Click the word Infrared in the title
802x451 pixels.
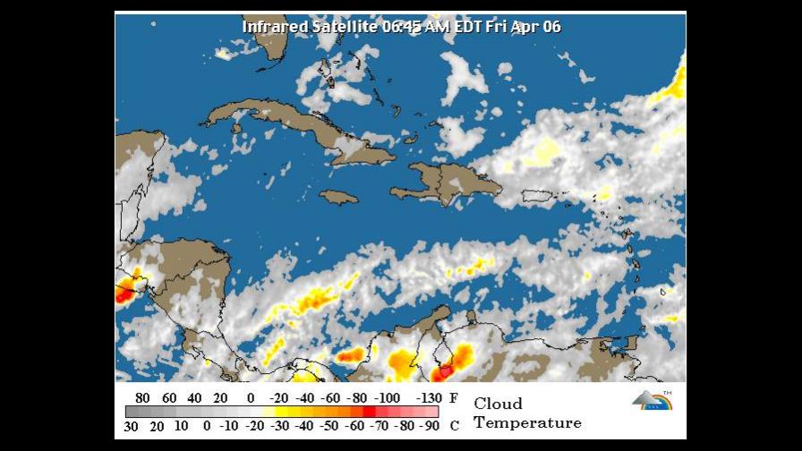tap(275, 27)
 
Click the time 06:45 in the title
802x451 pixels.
tap(400, 27)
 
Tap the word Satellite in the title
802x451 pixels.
tap(345, 27)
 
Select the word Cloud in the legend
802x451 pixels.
tap(498, 404)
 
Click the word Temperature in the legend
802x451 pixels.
tap(527, 422)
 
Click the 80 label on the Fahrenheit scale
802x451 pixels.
tap(141, 398)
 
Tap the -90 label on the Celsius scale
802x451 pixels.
tap(430, 426)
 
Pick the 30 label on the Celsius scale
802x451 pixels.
tap(131, 426)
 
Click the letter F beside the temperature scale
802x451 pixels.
tap(454, 398)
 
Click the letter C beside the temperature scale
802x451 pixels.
tap(455, 426)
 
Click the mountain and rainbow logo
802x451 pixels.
tap(652, 399)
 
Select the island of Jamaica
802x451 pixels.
tap(338, 197)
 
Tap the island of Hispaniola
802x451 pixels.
tap(452, 182)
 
